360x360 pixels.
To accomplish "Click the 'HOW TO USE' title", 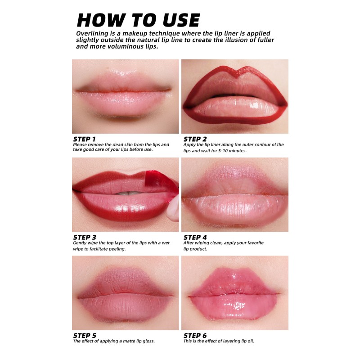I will (x=138, y=20).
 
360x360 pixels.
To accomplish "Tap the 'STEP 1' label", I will (x=84, y=139).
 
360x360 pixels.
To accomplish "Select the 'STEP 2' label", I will (x=195, y=139).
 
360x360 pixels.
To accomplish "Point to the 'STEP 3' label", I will (x=84, y=237).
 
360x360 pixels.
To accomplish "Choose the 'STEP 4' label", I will (x=195, y=237).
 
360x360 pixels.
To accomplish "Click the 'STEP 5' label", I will (x=84, y=335).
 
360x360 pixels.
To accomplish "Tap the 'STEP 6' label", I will (x=195, y=335).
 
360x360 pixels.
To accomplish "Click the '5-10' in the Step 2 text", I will (x=225, y=150).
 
